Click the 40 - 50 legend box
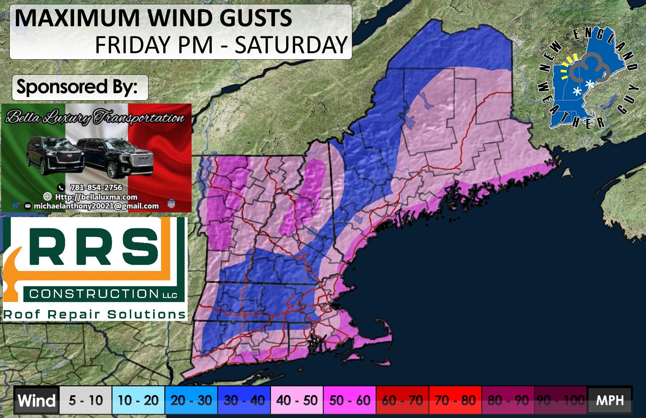(297, 400)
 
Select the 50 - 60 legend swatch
(349, 400)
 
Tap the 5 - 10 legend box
(86, 400)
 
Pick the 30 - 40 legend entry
(244, 400)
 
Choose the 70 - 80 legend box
(455, 400)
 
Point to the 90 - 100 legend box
(560, 400)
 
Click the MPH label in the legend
(610, 400)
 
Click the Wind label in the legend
(36, 400)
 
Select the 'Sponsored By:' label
(77, 87)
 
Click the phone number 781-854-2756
(96, 187)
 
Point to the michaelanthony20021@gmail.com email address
(96, 206)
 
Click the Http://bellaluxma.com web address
(96, 197)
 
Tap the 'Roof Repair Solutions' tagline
(94, 314)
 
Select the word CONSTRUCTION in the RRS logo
(94, 294)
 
